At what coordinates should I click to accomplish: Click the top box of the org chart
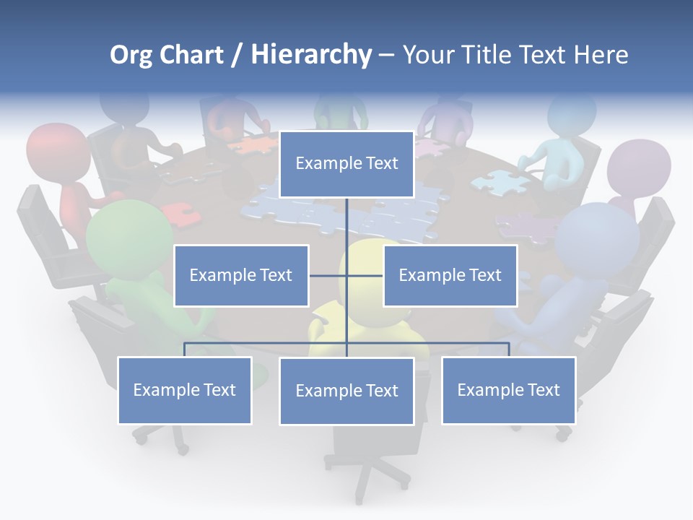(x=346, y=164)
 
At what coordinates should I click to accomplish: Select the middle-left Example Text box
(x=241, y=275)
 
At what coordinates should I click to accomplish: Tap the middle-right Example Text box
(x=450, y=275)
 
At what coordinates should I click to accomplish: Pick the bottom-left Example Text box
(x=184, y=390)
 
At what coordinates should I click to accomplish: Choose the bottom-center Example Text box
(x=346, y=391)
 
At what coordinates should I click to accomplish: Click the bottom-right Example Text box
(x=508, y=390)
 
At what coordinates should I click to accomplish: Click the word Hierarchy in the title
(x=311, y=54)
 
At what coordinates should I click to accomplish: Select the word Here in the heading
(x=601, y=54)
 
